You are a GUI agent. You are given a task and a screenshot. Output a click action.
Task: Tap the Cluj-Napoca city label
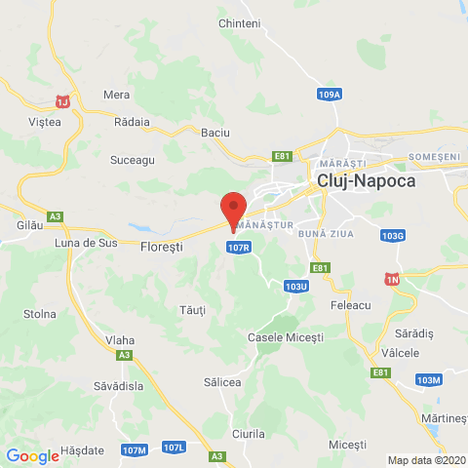point(366,181)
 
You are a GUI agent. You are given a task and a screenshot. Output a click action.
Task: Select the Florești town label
point(162,247)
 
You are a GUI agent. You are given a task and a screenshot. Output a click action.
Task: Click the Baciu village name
point(214,132)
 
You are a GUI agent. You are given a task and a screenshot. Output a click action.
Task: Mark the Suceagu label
point(133,158)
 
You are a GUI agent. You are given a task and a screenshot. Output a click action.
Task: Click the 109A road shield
point(330,95)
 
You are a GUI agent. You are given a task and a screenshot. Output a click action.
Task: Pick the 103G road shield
point(393,236)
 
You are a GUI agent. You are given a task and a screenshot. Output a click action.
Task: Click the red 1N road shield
point(393,280)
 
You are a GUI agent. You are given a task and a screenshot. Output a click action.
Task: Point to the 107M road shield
point(136,448)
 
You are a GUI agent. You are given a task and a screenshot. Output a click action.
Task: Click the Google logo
point(32,455)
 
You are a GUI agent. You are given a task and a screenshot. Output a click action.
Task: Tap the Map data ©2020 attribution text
point(426,460)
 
